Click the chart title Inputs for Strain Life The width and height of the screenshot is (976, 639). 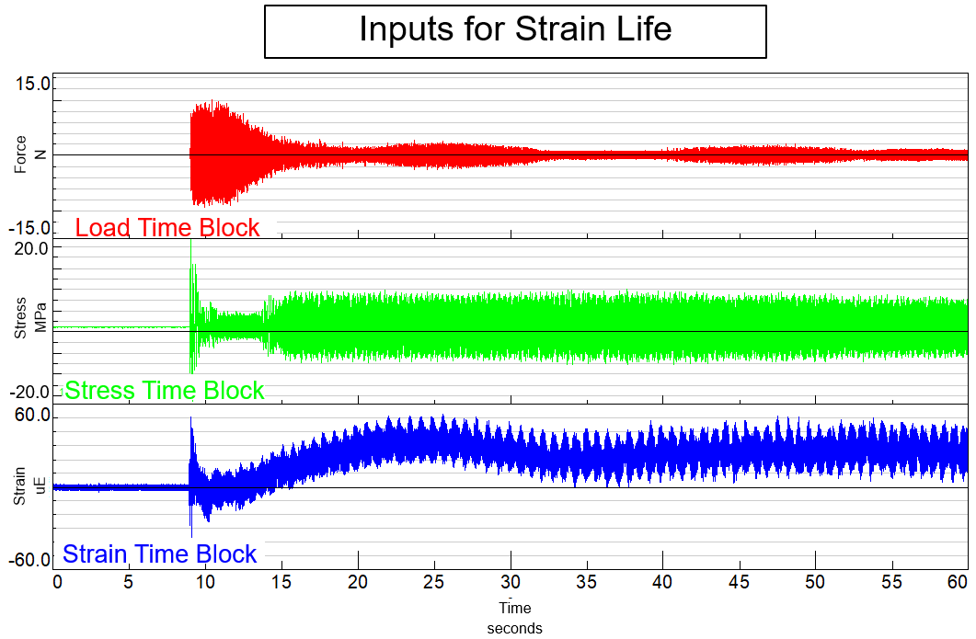click(515, 30)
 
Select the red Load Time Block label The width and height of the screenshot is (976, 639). click(166, 227)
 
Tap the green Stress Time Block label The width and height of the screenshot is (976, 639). click(165, 391)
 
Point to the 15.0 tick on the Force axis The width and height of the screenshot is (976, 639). click(32, 85)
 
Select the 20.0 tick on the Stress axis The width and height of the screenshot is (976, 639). click(32, 248)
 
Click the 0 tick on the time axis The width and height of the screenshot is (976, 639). click(57, 582)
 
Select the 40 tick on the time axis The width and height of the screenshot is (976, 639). click(661, 582)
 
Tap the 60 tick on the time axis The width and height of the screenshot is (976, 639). click(957, 582)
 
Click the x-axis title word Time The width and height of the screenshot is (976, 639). click(515, 608)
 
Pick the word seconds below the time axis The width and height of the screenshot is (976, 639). click(515, 629)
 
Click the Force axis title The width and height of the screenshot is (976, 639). click(21, 154)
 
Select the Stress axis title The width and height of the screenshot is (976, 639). click(21, 317)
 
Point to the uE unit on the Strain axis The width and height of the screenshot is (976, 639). click(39, 487)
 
